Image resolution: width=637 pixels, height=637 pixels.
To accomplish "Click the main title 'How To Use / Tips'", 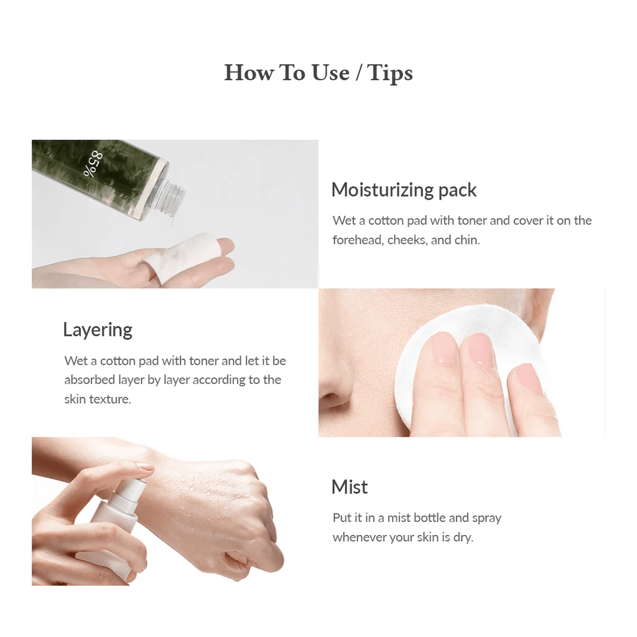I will [x=318, y=73].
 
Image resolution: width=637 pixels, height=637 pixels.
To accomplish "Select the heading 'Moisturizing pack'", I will [x=404, y=190].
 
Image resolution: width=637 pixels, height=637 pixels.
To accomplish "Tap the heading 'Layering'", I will [x=98, y=330].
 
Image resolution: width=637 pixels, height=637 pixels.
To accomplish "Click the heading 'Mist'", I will [x=350, y=487].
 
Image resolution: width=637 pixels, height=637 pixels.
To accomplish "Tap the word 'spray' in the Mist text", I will [x=486, y=518].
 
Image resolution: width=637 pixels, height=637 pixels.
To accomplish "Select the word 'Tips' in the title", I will [x=390, y=73].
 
